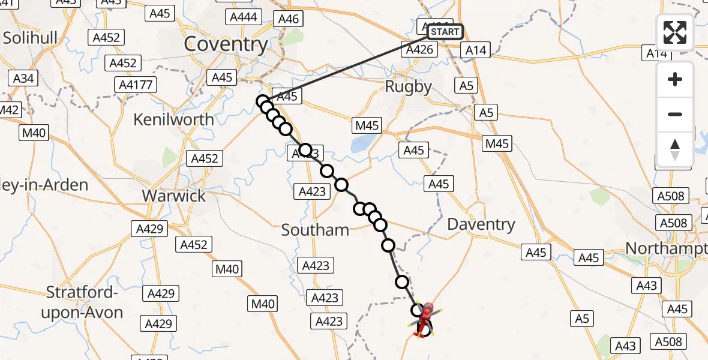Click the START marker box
[x=445, y=31]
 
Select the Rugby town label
[x=408, y=86]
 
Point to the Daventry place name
[x=481, y=224]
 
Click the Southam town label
[x=315, y=230]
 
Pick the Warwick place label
[x=173, y=196]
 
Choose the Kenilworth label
[x=173, y=119]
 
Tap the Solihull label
[x=30, y=38]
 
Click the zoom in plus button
[x=675, y=79]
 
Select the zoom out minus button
[x=675, y=114]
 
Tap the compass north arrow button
[x=675, y=149]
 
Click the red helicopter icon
[x=425, y=318]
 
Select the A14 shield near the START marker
[x=478, y=51]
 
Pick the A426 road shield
[x=419, y=50]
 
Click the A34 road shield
[x=23, y=78]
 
